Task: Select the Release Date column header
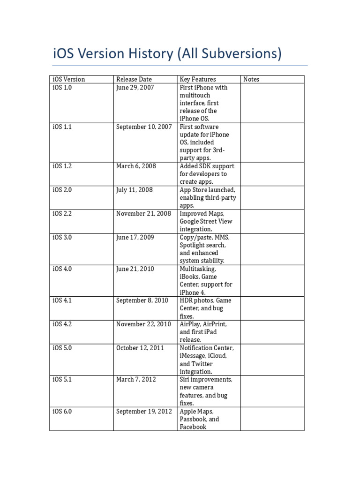pyautogui.click(x=134, y=79)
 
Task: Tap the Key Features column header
pyautogui.click(x=198, y=79)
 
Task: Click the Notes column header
pyautogui.click(x=251, y=79)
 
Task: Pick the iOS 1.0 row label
pyautogui.click(x=62, y=87)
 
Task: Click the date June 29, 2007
pyautogui.click(x=135, y=87)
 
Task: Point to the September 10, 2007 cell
pyautogui.click(x=144, y=127)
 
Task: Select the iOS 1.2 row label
pyautogui.click(x=62, y=166)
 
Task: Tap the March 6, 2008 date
pyautogui.click(x=136, y=166)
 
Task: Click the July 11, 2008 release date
pyautogui.click(x=134, y=190)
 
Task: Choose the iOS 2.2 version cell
pyautogui.click(x=62, y=213)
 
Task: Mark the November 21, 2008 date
pyautogui.click(x=143, y=213)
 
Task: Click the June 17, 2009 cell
pyautogui.click(x=135, y=237)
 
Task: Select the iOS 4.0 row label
pyautogui.click(x=62, y=269)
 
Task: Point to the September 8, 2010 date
pyautogui.click(x=142, y=300)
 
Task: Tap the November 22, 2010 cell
pyautogui.click(x=143, y=324)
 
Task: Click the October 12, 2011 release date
pyautogui.click(x=140, y=348)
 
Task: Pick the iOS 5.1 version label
pyautogui.click(x=62, y=379)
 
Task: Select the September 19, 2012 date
pyautogui.click(x=144, y=411)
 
